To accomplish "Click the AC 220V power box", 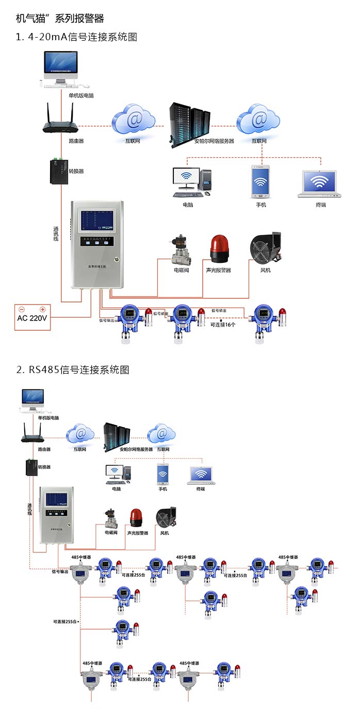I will [32, 317].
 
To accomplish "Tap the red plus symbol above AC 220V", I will [43, 310].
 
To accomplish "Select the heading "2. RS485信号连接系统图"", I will [73, 369].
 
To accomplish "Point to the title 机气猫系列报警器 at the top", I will [60, 19].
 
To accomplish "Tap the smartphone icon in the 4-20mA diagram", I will [260, 181].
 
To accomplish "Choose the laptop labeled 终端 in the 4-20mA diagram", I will [320, 183].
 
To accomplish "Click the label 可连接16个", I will [223, 325].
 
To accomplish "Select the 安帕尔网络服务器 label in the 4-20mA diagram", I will [214, 141].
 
